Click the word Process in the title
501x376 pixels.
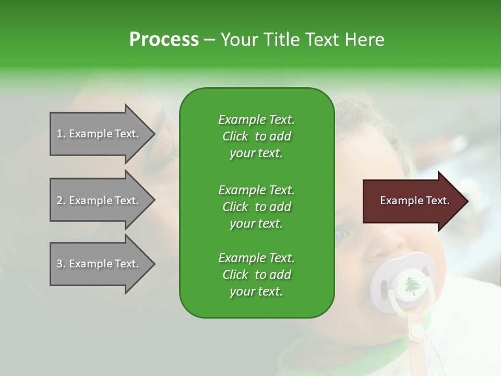pyautogui.click(x=164, y=40)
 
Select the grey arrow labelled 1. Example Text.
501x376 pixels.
pyautogui.click(x=103, y=134)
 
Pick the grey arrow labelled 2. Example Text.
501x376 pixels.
pyautogui.click(x=103, y=200)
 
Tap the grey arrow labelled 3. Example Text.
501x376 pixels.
pyautogui.click(x=103, y=264)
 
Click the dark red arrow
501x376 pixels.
pyautogui.click(x=416, y=201)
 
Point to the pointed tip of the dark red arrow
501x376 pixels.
pyautogui.click(x=469, y=201)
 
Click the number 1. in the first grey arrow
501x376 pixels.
pyautogui.click(x=61, y=134)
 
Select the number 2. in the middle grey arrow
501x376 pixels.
pyautogui.click(x=61, y=201)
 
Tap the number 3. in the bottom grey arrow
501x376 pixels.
pyautogui.click(x=61, y=264)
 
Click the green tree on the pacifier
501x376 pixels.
pyautogui.click(x=412, y=286)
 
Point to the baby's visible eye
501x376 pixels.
pyautogui.click(x=342, y=234)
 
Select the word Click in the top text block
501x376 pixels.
pyautogui.click(x=235, y=136)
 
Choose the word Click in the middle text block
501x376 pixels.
pyautogui.click(x=235, y=207)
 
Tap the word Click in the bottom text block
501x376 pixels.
pyautogui.click(x=235, y=275)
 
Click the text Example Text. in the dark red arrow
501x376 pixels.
pyautogui.click(x=415, y=201)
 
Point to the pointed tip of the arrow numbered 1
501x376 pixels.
pyautogui.click(x=156, y=134)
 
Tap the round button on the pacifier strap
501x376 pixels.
pyautogui.click(x=416, y=331)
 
